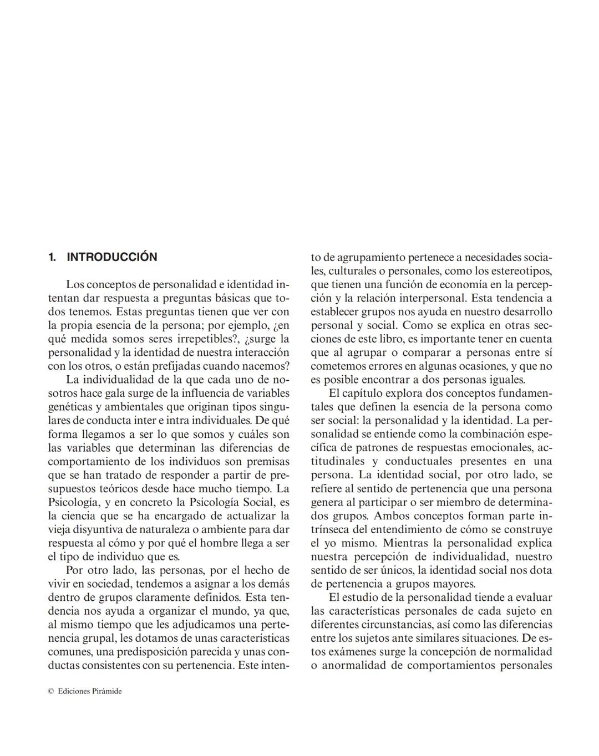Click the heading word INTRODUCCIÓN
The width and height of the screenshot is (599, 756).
pos(111,257)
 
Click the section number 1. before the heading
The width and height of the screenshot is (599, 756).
pos(52,257)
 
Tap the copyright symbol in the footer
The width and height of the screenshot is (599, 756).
pos(50,691)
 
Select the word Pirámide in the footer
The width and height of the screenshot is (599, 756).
pos(107,691)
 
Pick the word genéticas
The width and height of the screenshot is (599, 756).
pos(70,407)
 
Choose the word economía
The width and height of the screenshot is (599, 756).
pos(449,284)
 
